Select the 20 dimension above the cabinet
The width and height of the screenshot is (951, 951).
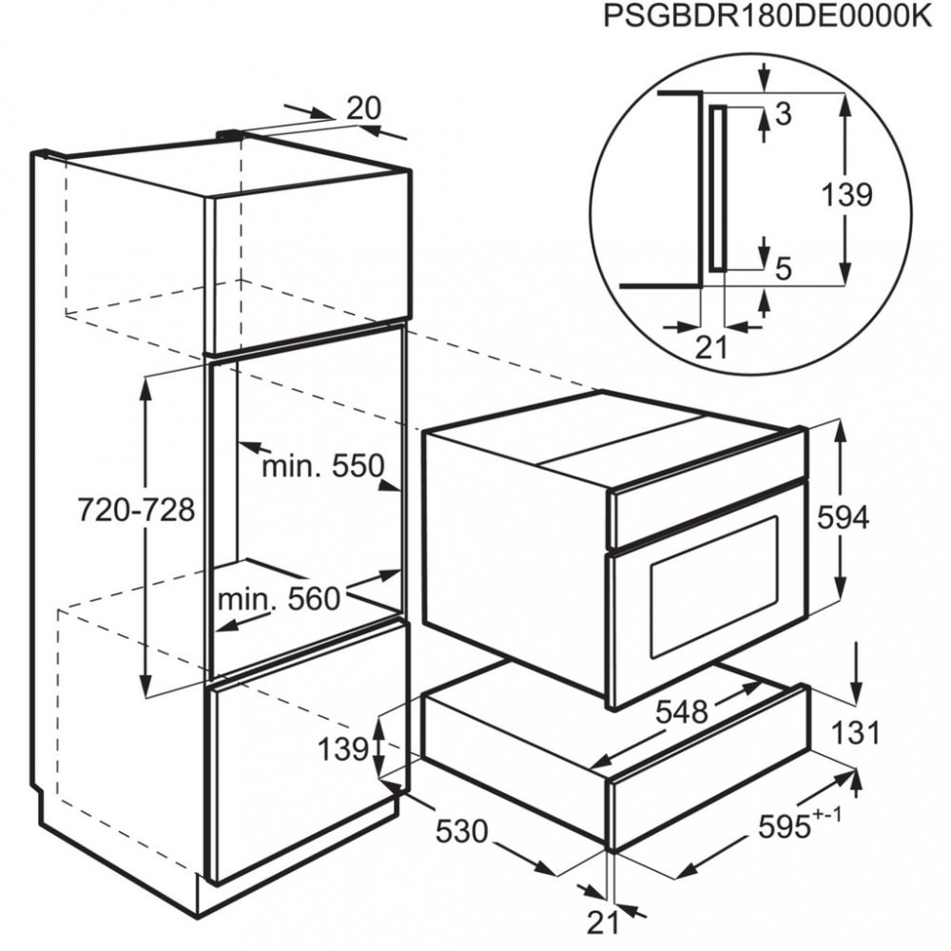(362, 108)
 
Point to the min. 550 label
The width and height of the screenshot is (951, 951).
(322, 466)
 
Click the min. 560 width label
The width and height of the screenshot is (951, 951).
(279, 599)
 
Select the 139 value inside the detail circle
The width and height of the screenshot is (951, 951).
(846, 195)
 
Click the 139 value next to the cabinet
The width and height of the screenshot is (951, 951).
(342, 749)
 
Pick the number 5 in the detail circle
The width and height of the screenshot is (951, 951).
(784, 270)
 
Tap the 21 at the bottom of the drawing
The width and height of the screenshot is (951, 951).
(603, 921)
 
